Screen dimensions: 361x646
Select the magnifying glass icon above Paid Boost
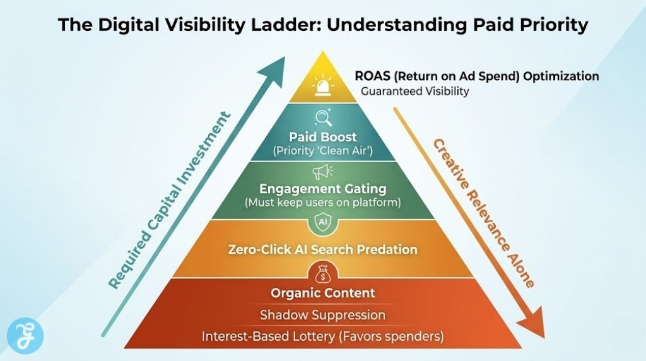point(322,118)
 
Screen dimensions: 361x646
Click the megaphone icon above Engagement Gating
point(322,172)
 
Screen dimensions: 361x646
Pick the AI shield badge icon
point(322,222)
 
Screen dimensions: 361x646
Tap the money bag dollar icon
point(322,273)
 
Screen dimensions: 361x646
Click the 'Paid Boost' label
point(322,137)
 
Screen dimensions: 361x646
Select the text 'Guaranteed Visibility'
point(414,92)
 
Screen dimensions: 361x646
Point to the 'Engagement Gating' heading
point(322,189)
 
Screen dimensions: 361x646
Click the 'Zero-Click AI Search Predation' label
point(322,249)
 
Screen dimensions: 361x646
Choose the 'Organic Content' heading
point(322,293)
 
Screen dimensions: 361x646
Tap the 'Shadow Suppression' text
point(322,315)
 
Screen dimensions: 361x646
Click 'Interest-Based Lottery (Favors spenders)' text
point(322,336)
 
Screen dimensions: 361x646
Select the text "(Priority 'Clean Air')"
point(322,151)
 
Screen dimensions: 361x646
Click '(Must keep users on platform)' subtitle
point(322,203)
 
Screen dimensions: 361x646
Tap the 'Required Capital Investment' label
point(168,200)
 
